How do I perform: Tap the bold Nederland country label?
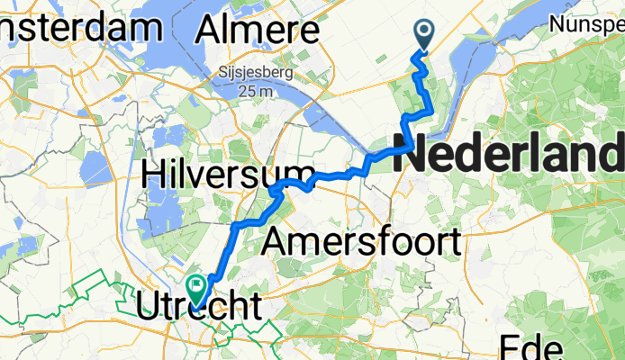pos(509,151)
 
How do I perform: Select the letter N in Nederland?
pos(411,151)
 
